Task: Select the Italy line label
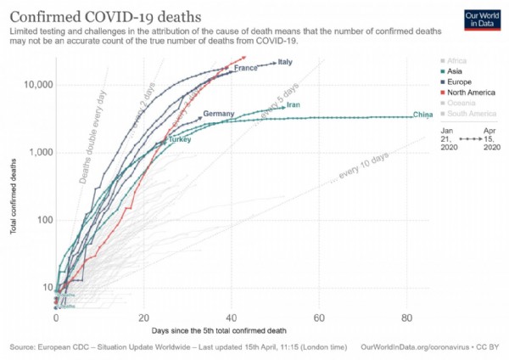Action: [285, 62]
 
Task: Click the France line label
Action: [245, 68]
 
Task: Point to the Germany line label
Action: [218, 114]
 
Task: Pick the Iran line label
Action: [294, 105]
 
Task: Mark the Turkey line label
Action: [179, 138]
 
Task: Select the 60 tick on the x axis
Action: [319, 318]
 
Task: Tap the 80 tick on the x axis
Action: [407, 318]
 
